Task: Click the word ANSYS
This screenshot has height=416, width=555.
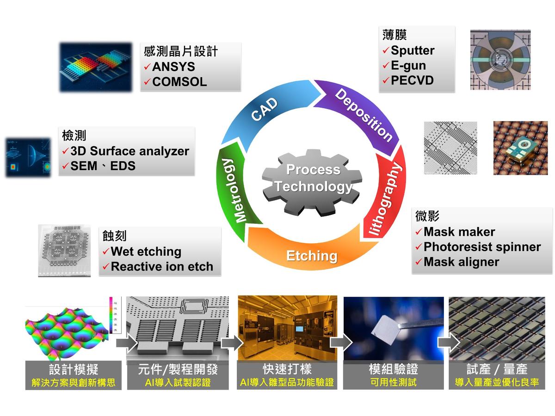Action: click(x=173, y=67)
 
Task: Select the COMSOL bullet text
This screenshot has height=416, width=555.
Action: click(x=179, y=82)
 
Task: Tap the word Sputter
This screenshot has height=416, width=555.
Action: click(x=413, y=50)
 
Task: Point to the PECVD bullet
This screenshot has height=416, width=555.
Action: click(x=412, y=80)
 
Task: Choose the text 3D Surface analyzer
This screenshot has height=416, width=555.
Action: click(x=129, y=151)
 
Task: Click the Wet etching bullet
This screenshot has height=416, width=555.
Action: click(x=146, y=252)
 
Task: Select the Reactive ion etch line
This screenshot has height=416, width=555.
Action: click(x=162, y=267)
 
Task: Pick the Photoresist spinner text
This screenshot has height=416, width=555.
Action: click(x=482, y=247)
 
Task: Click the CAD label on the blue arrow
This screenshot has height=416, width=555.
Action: click(x=265, y=110)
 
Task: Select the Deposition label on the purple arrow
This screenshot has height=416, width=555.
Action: click(x=364, y=115)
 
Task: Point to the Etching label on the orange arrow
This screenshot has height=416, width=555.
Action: click(x=312, y=256)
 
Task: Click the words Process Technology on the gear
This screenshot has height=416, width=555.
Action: click(x=313, y=178)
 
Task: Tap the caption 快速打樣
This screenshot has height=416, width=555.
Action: click(x=287, y=369)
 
